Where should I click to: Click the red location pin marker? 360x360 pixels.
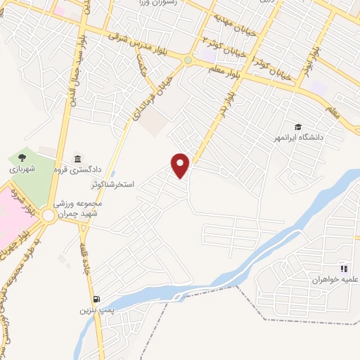pos(181,165)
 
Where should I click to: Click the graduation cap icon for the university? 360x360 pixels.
pos(298,127)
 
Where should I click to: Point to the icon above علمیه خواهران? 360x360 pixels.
pos(344,268)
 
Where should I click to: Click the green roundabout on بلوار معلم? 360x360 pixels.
pos(187,60)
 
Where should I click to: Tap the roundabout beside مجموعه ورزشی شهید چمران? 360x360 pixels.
pos(47,217)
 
